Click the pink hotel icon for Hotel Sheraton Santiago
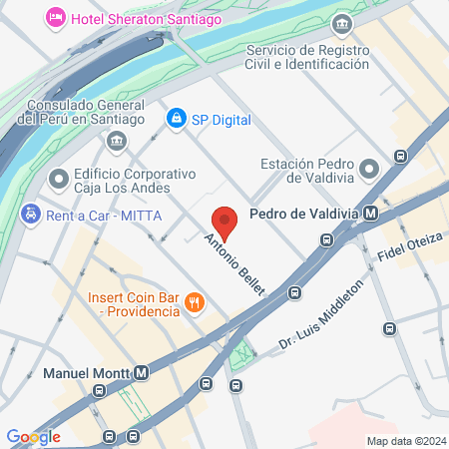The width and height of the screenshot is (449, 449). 56,17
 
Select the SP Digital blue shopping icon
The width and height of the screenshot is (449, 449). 177,119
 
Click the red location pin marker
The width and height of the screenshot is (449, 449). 224,223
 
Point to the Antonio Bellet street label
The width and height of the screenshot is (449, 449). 234,264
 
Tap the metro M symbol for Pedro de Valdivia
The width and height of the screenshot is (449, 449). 371,213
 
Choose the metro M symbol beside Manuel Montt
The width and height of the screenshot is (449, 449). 142,373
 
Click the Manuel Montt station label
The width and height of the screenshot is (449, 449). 88,373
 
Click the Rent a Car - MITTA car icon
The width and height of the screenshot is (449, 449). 30,213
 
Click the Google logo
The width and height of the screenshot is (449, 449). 33,436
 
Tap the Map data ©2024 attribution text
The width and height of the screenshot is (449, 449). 404,440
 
